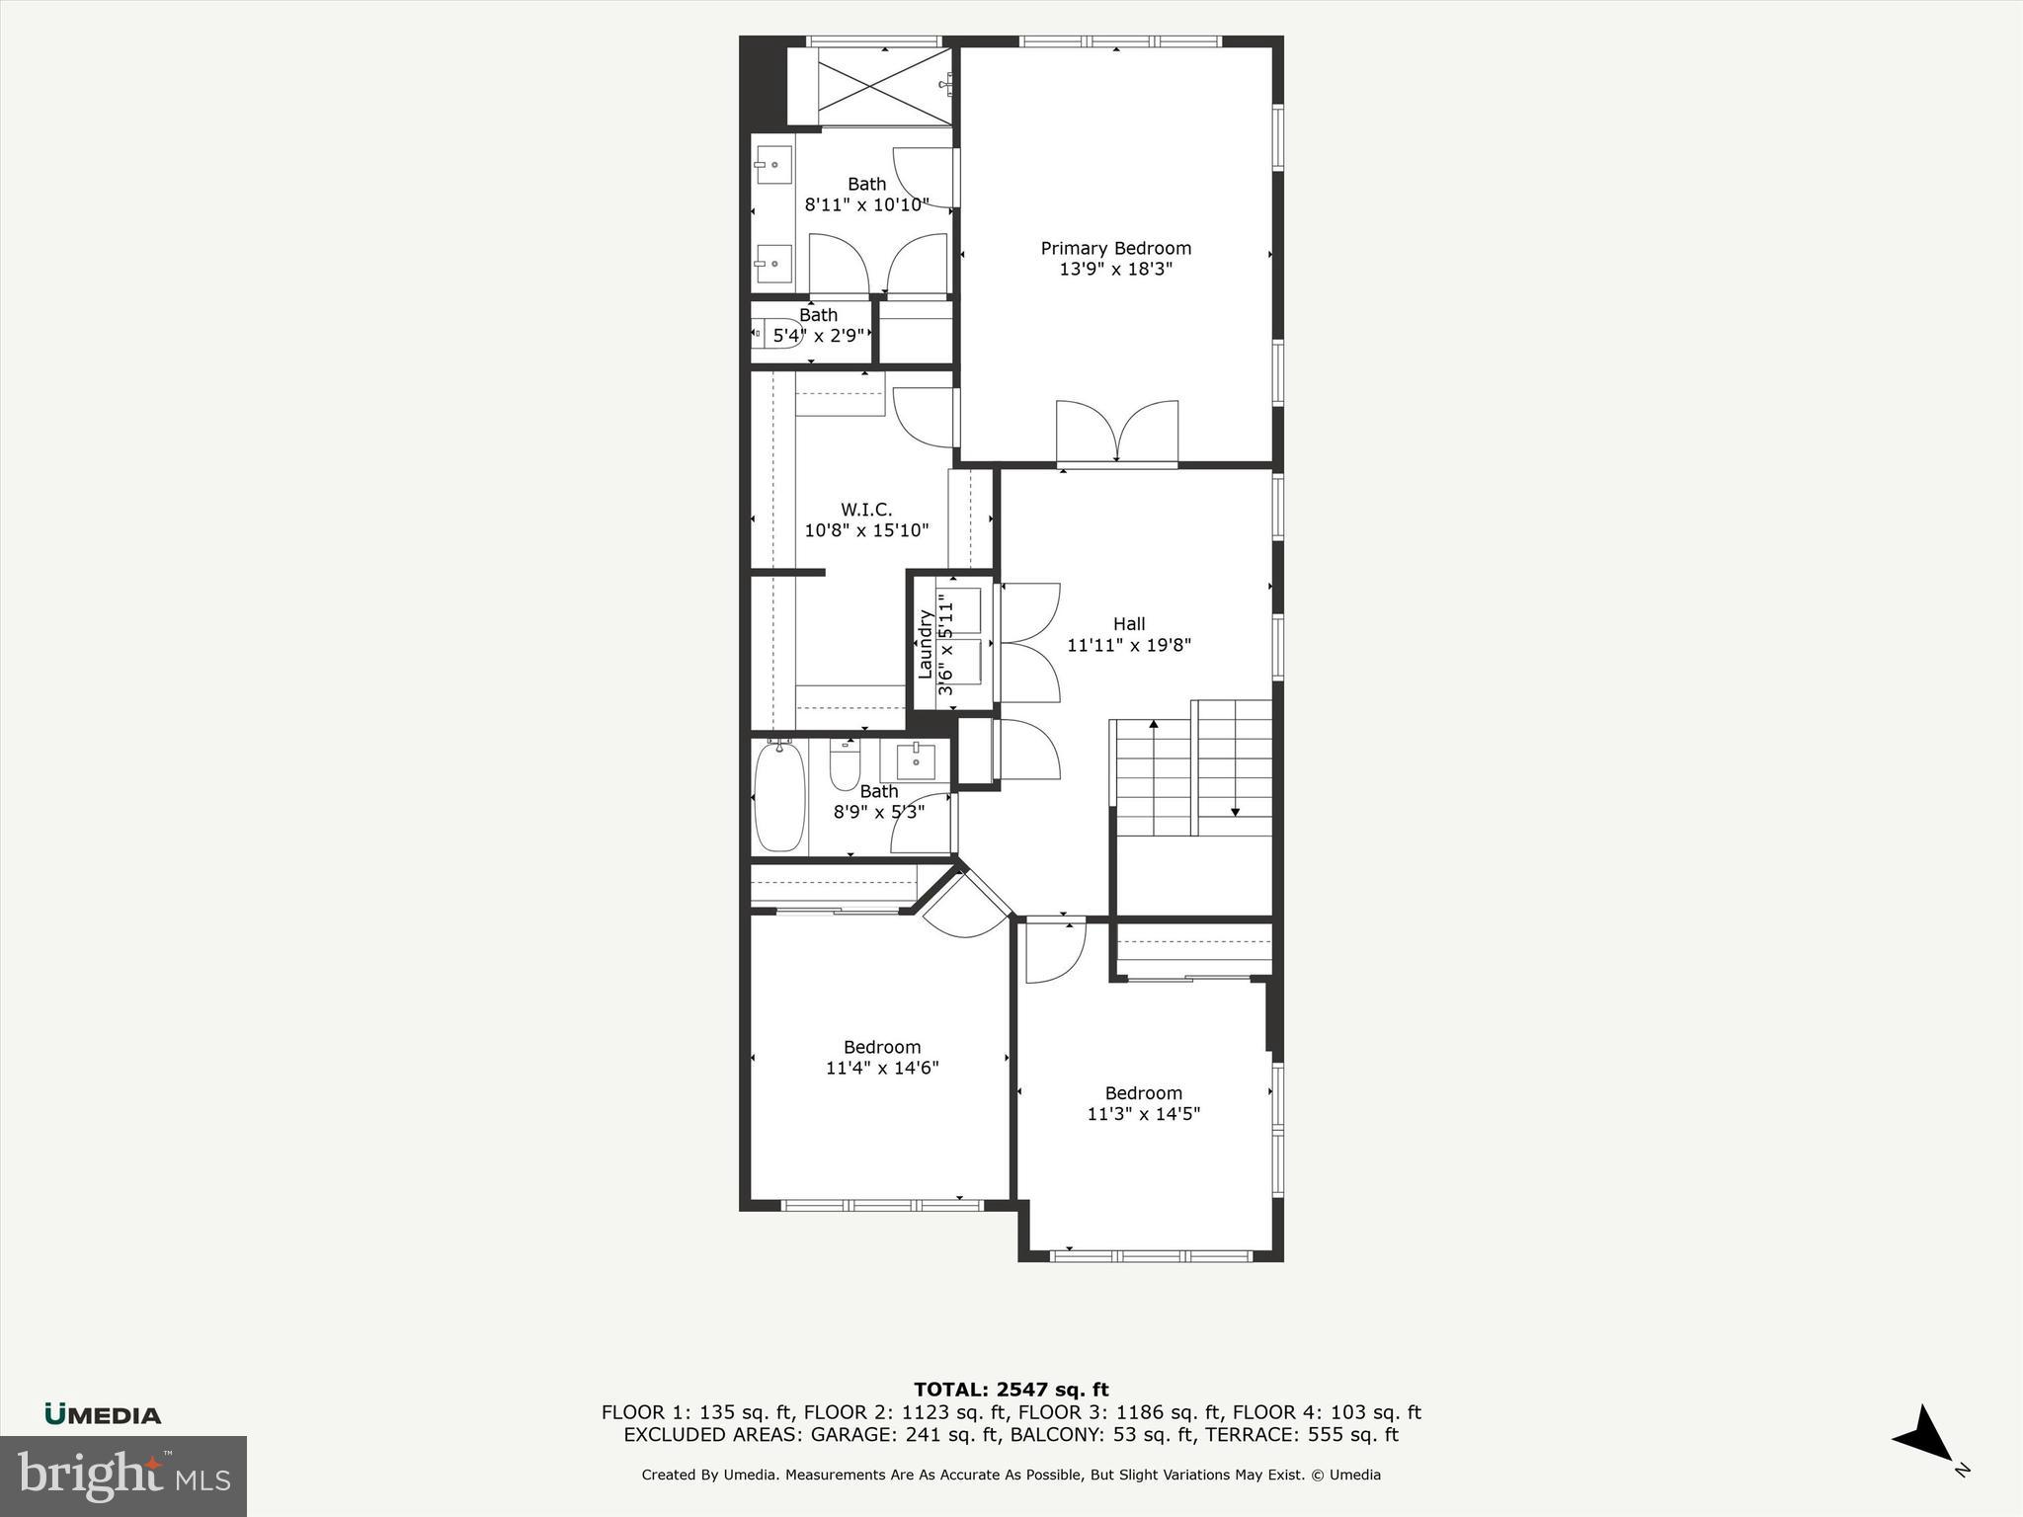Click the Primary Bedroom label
coord(1115,248)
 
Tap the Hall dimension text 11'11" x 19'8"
coord(1129,646)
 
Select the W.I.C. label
coord(866,510)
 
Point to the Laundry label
coord(926,644)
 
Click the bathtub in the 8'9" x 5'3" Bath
coord(779,798)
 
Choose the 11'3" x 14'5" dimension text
coord(1144,1114)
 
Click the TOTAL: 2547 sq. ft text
coord(1011,1391)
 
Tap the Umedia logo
coord(103,1414)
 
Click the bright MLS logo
coord(123,1476)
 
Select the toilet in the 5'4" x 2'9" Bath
coord(764,334)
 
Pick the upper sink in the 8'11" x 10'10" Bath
coord(773,165)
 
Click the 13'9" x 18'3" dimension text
coord(1115,270)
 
